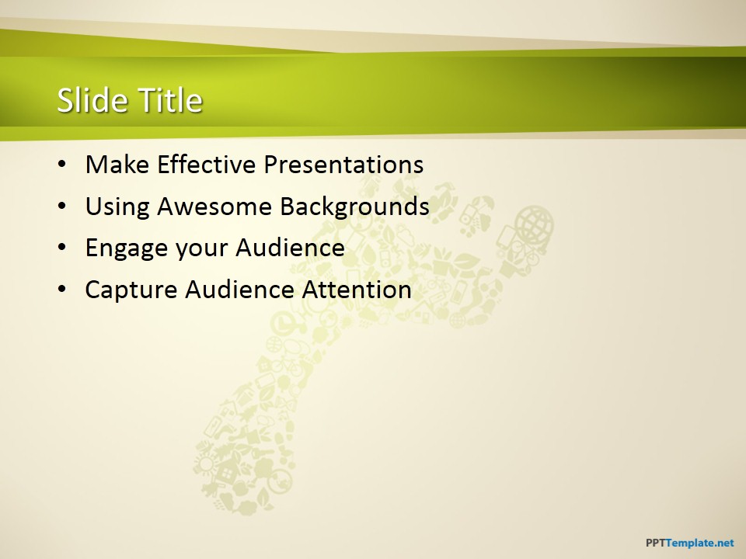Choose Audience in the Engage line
(290, 248)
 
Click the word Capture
(131, 290)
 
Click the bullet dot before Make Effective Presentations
(62, 165)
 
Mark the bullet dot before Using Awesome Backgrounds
(62, 207)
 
